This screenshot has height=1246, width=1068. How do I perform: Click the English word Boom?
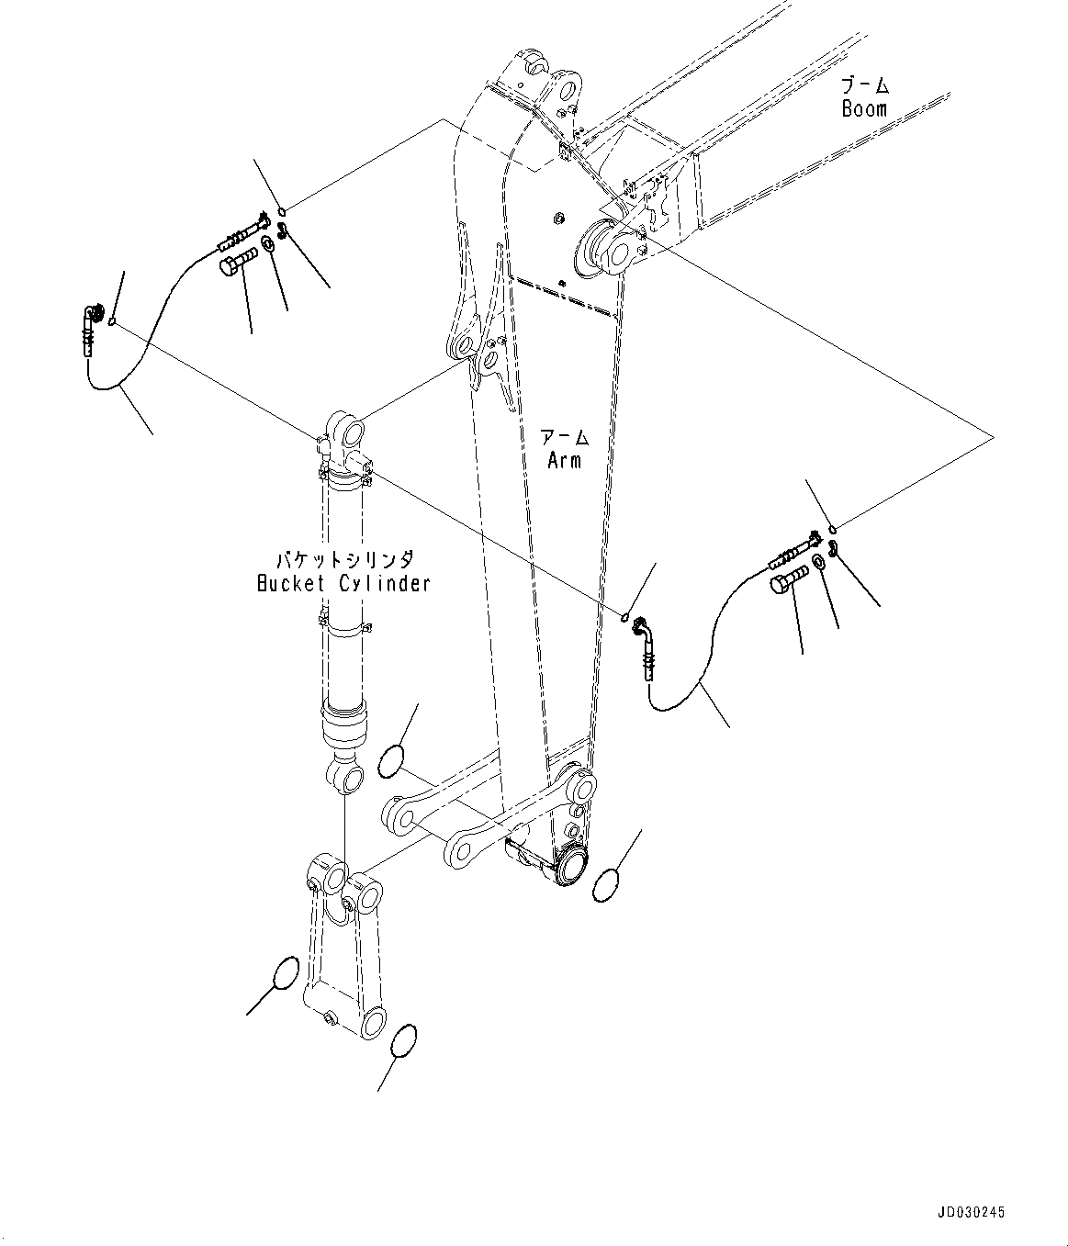864,108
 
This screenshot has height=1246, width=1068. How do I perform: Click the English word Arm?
564,460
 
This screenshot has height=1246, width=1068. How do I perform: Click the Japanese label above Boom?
865,85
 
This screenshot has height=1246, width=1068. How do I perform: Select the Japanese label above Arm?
564,437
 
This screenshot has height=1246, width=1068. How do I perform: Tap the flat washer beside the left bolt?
268,245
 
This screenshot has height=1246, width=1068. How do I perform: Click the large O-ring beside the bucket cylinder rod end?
391,759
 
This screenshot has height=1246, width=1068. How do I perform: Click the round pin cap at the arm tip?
571,866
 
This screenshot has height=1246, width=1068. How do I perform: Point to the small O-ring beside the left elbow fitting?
111,321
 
